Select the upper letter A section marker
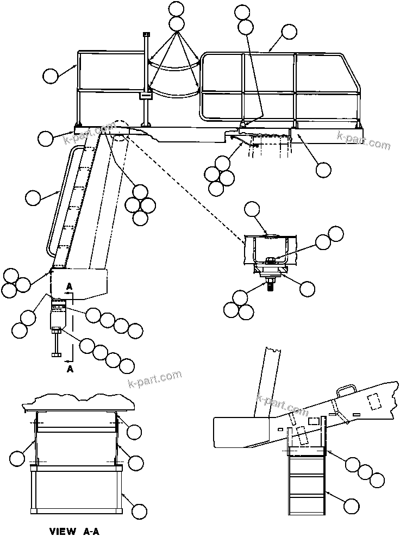(x=69, y=286)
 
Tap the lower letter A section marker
(x=69, y=368)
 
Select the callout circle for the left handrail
(x=51, y=76)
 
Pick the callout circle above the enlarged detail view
(x=253, y=208)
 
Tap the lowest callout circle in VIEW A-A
(x=140, y=510)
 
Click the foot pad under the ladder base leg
(x=56, y=356)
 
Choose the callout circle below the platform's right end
(x=323, y=170)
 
